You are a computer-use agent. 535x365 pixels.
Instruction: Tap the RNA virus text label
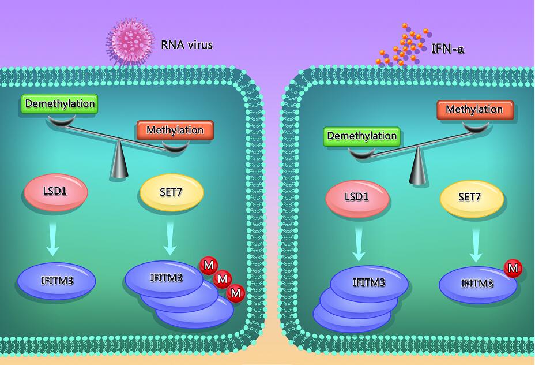tap(187, 44)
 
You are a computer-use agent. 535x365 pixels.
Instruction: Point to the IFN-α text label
tap(448, 49)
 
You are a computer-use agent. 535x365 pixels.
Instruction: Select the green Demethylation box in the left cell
tap(58, 104)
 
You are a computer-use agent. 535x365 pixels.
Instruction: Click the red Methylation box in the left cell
tap(175, 130)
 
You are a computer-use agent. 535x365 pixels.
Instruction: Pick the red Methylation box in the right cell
tap(474, 110)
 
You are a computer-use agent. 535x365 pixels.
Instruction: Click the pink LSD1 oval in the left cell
tap(55, 191)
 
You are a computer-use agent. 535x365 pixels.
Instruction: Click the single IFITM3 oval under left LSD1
tap(56, 282)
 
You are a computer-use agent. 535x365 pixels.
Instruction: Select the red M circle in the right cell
tap(513, 268)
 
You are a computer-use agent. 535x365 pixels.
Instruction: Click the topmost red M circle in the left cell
tap(208, 265)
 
